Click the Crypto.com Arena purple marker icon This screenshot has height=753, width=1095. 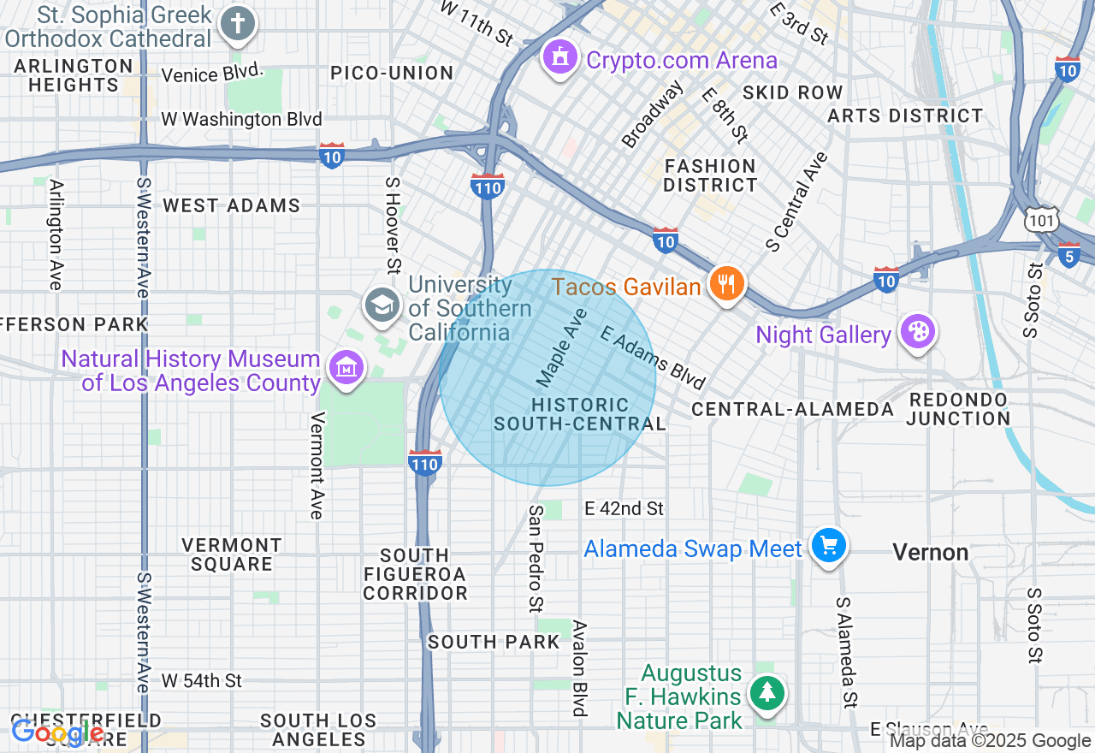point(560,58)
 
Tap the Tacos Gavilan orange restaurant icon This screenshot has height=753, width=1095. point(727,284)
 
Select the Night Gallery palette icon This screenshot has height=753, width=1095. point(918,332)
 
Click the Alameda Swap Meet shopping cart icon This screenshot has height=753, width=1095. point(828,545)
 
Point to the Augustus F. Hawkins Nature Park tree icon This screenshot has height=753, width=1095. point(767,692)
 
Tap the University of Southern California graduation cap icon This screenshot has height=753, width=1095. point(382,305)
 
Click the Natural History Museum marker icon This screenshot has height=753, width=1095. point(346,368)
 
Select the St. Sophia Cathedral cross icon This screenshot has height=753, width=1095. point(237,23)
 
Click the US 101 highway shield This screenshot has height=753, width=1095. point(1043,222)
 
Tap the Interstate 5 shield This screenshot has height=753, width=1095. point(1069,253)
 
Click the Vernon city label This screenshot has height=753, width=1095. point(931,552)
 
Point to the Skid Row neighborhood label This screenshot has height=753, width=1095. point(792,92)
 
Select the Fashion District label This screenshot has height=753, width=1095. point(710,175)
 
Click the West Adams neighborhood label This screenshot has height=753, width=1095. point(232,205)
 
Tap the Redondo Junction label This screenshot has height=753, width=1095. point(958,409)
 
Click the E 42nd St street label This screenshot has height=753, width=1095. point(624,508)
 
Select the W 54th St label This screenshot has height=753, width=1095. point(202,681)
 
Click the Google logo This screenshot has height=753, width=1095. point(56,732)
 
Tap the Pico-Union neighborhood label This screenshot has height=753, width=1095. point(392,73)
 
